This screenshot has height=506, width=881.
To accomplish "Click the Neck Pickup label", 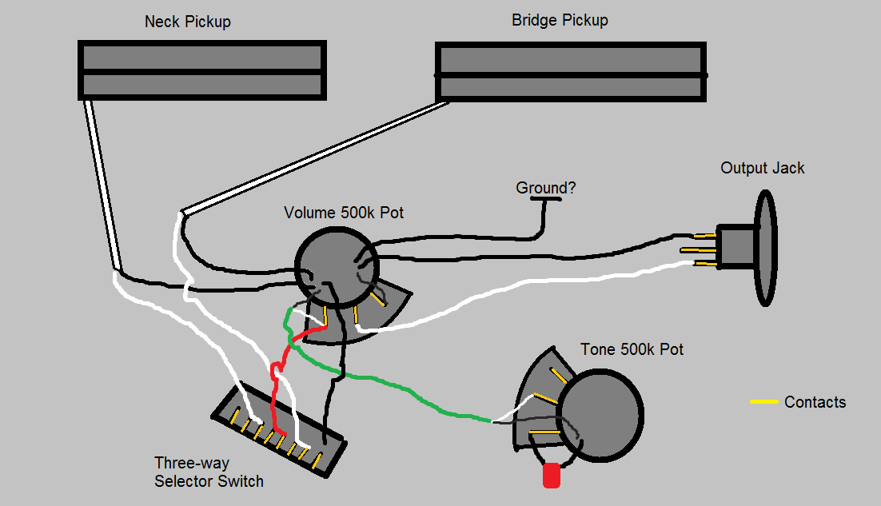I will coord(187,22).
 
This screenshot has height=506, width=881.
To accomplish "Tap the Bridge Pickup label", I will coord(560,20).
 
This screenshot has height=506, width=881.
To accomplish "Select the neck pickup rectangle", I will coord(202,70).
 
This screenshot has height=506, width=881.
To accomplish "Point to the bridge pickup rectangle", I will coord(571,73).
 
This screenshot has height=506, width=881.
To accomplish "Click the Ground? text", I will coord(546,188).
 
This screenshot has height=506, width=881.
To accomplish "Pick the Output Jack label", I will coord(762,168).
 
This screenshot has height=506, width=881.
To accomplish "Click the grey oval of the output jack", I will coord(766,248).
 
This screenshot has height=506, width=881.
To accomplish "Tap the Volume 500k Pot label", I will coord(344,213).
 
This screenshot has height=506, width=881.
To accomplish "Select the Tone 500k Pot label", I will coord(632,349).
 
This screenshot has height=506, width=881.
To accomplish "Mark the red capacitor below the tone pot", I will coord(552,476).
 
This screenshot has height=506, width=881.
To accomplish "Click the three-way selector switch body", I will coord(277,432).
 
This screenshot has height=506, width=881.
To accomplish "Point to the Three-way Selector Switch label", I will coord(209,472).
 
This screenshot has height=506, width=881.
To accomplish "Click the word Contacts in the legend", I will coord(815,402).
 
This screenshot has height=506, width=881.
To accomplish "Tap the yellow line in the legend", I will coord(763,401).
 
